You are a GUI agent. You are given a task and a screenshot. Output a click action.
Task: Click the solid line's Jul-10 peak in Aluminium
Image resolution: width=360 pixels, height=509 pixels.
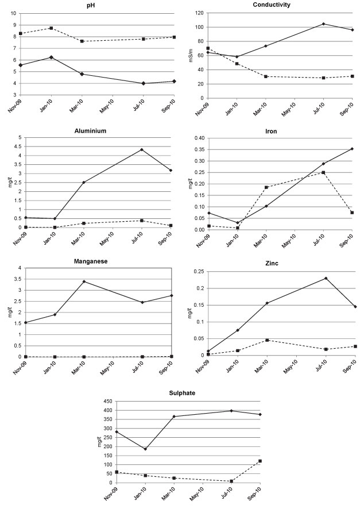(x=141, y=150)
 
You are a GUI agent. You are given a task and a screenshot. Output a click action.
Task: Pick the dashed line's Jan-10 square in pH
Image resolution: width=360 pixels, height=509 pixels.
(x=51, y=28)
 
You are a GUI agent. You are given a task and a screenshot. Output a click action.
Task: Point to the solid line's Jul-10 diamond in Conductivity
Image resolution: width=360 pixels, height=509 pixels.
(x=323, y=24)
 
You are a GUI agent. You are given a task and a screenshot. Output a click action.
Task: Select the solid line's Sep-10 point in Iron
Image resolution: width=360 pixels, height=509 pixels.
(x=352, y=149)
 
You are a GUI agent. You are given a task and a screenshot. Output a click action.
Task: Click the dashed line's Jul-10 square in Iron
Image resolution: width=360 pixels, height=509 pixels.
(x=323, y=172)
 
